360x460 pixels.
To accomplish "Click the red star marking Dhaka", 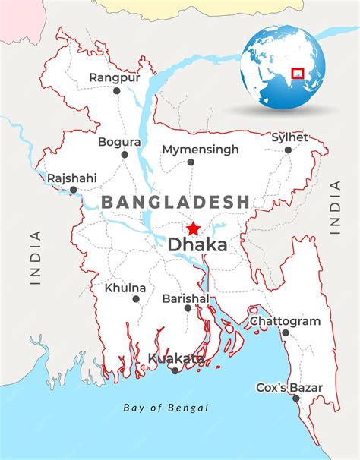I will point(193,228).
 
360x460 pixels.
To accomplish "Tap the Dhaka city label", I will point(197,245).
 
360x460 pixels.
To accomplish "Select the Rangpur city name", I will point(115,77).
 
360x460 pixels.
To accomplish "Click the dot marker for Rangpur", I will point(117,90).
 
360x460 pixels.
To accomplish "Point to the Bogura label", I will point(119,142).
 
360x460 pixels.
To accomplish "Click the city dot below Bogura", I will point(125,154).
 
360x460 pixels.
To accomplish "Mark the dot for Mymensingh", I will point(191,162).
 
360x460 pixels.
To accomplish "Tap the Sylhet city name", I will point(289,137).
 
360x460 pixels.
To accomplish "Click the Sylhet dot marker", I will point(288,150).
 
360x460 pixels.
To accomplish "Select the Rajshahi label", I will point(71,178).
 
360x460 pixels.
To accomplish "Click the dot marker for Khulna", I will point(136,299).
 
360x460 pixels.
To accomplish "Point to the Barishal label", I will point(185,299).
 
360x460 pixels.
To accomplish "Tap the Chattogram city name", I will point(285,321).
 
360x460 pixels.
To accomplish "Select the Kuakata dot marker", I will point(175,370).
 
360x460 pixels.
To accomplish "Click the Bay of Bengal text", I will point(166,408).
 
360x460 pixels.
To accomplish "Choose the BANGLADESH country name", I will point(175,202).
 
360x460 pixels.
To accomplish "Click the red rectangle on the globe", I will point(297,74).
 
